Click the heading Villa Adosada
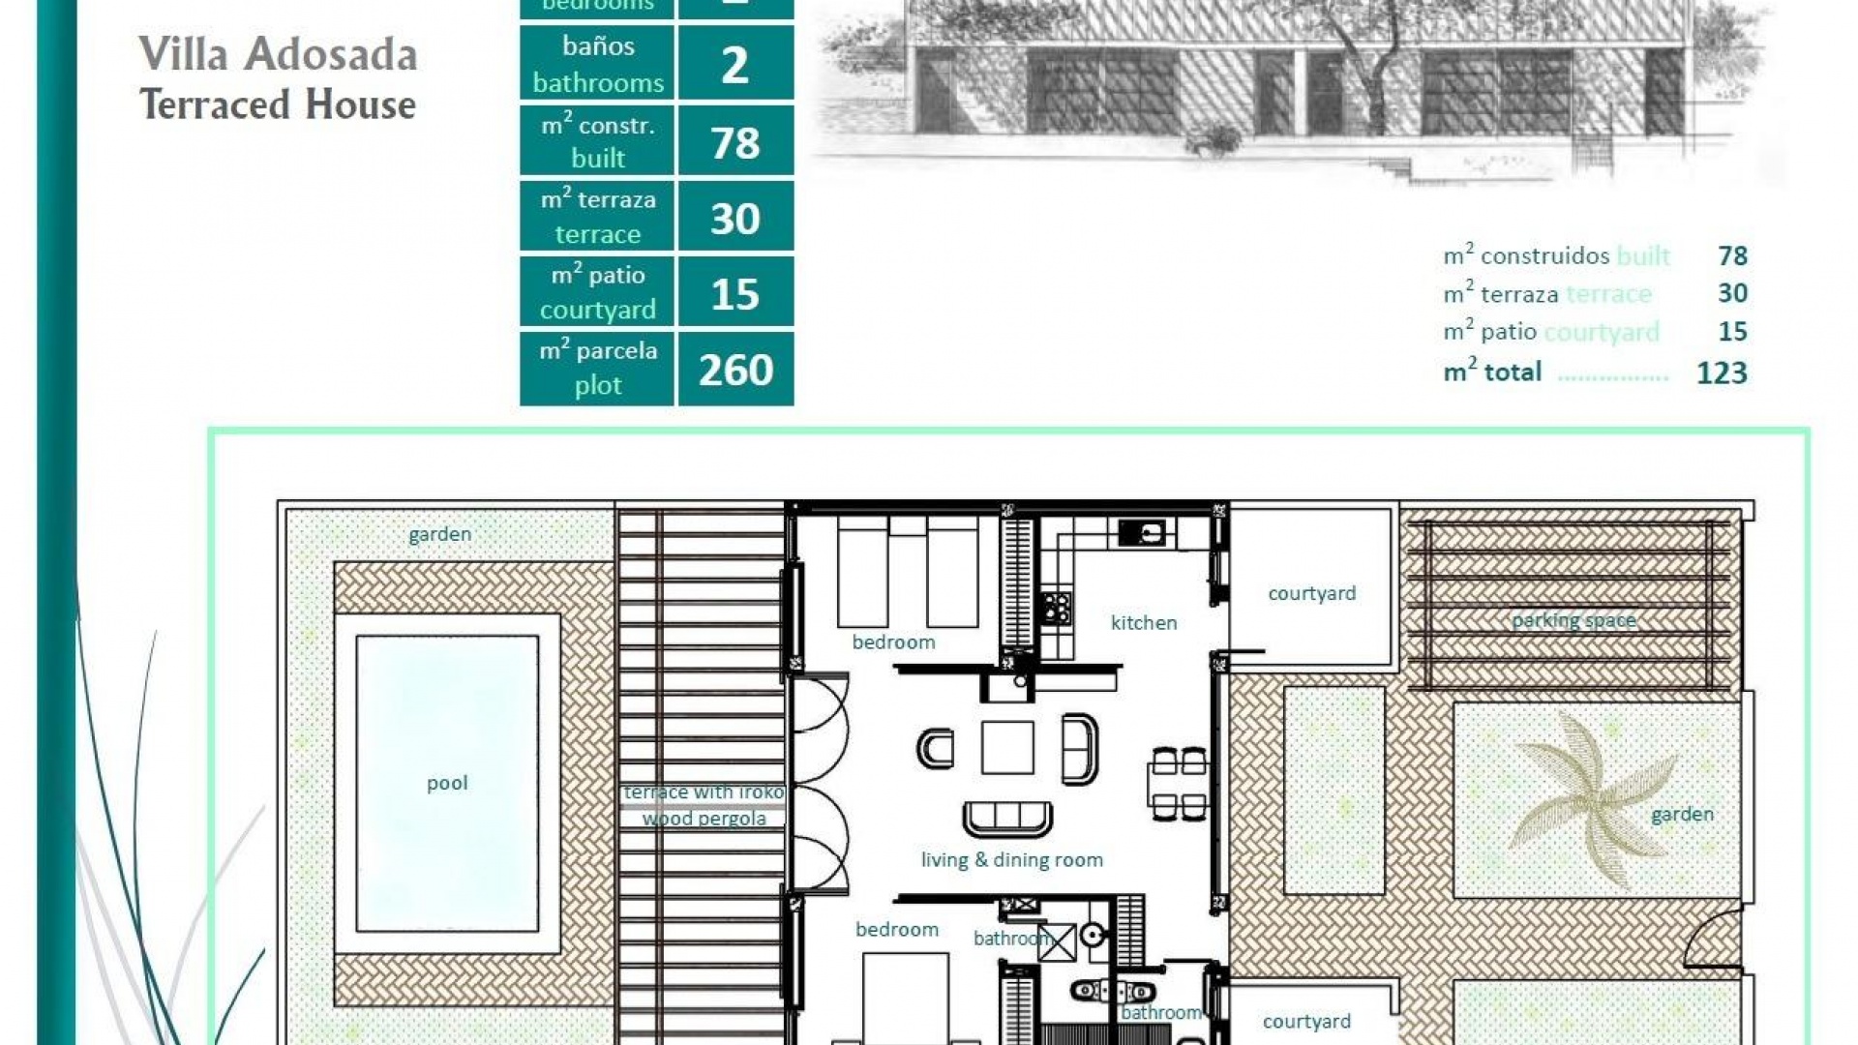278,54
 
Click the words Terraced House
278,104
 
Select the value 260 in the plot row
735,370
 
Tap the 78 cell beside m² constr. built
735,143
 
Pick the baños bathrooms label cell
597,64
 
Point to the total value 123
1721,373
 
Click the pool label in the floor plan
447,783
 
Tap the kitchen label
1143,623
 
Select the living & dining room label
1011,860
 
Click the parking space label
1573,620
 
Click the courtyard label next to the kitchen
1311,593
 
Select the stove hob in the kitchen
1056,608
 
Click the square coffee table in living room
1006,747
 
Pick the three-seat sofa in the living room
1007,819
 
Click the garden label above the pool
439,534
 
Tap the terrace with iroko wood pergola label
704,805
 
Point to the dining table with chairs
1179,784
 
